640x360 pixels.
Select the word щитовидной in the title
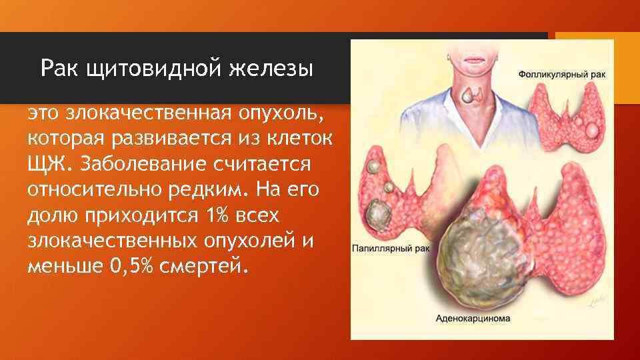150,69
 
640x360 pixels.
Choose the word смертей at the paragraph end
206,266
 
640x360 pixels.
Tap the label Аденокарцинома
473,319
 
